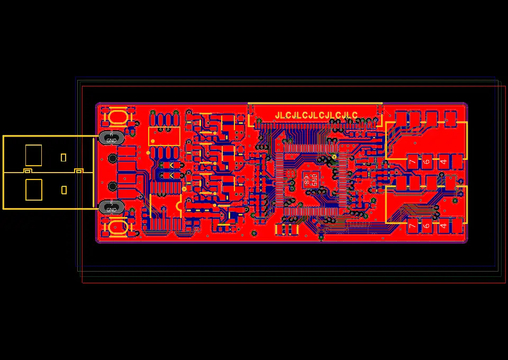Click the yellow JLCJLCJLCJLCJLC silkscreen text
[316, 115]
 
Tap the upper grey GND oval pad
[112, 138]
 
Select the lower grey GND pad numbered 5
[112, 207]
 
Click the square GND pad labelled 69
[311, 179]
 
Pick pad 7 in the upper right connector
[412, 161]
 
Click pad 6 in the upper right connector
[427, 161]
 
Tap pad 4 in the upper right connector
[443, 161]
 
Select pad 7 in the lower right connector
[412, 226]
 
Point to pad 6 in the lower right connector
[427, 226]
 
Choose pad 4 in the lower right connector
[443, 226]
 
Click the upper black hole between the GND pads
[112, 158]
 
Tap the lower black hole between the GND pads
[112, 186]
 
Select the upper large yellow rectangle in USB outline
[33, 155]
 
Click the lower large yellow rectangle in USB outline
[33, 190]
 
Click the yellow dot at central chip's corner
[334, 157]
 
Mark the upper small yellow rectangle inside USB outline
[63, 157]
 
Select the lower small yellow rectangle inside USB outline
[64, 190]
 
